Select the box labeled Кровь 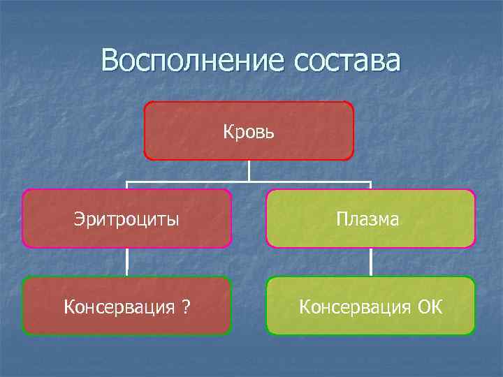[249, 131]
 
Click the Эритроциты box [126, 219]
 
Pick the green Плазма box [370, 219]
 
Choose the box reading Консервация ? [126, 306]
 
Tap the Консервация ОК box [370, 306]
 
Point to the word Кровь [249, 131]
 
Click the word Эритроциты [126, 219]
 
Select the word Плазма [367, 219]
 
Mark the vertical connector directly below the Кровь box [249, 171]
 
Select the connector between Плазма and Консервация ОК [370, 263]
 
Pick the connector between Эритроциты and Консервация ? [126, 263]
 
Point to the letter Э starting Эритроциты [78, 219]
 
